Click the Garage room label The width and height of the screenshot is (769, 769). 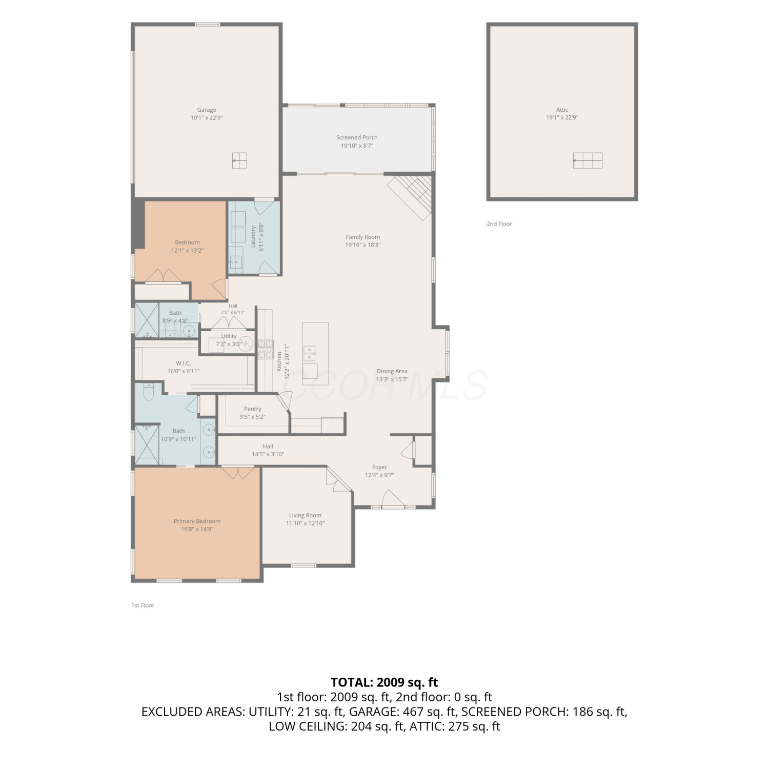click(207, 110)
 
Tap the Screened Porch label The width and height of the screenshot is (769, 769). click(357, 137)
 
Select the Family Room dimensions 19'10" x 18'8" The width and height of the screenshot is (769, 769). click(363, 245)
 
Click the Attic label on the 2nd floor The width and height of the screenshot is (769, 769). click(562, 110)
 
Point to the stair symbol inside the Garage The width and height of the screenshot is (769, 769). click(239, 160)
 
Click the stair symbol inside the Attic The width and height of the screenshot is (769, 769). click(588, 160)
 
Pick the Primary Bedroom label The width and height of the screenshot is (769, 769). click(197, 521)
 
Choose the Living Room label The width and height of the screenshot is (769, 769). click(305, 516)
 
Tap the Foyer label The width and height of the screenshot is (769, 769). click(379, 467)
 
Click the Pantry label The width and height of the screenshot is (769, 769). click(253, 409)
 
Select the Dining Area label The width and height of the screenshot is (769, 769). click(392, 372)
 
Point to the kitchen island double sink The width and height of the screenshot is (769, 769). click(310, 354)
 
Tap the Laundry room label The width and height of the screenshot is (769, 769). click(253, 236)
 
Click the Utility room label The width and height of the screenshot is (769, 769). click(229, 336)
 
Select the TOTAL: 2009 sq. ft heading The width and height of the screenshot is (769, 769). click(385, 682)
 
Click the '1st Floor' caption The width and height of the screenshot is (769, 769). click(143, 605)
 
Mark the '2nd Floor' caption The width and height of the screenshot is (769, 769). click(499, 224)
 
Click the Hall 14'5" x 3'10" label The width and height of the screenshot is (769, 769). click(268, 450)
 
